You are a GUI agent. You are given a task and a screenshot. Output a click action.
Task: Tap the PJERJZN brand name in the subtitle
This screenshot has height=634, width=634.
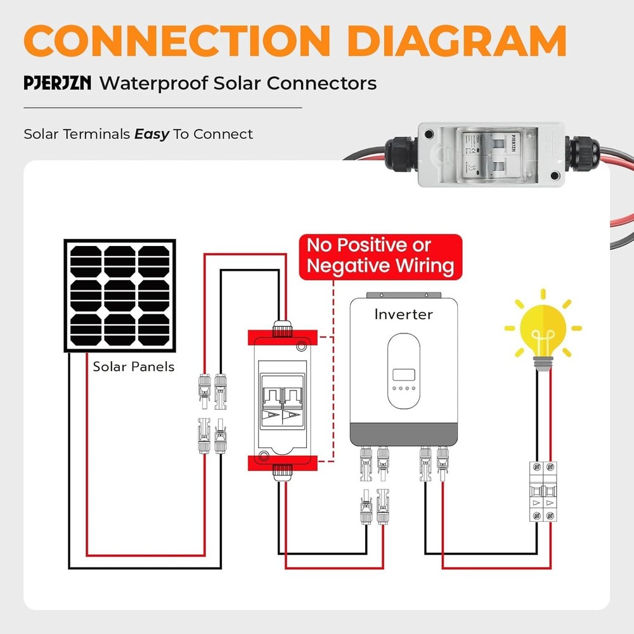[58, 84]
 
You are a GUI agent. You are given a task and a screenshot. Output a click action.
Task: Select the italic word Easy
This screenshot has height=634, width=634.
[152, 134]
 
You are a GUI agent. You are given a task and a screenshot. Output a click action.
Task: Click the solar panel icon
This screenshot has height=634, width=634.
[120, 295]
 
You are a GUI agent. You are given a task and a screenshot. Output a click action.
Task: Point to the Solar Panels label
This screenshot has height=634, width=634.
[134, 366]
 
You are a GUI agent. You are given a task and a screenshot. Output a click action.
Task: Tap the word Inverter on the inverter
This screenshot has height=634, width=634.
[403, 314]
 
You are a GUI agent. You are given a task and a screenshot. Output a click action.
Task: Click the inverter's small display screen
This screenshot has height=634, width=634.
[403, 374]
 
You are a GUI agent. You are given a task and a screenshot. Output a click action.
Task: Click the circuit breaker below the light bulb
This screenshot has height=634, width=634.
[543, 491]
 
